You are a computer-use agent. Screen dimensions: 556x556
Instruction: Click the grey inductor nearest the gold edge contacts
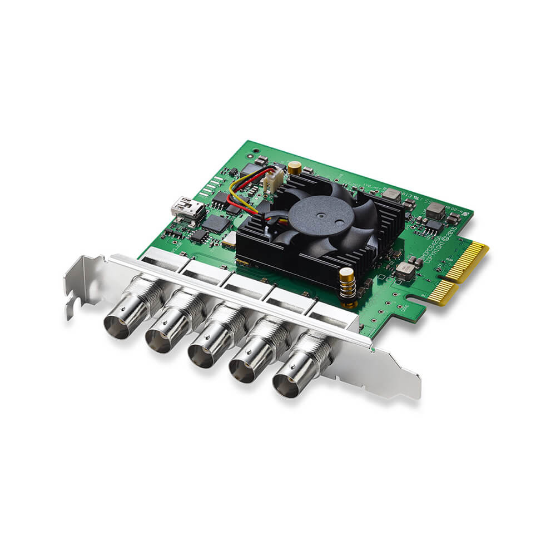406,270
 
